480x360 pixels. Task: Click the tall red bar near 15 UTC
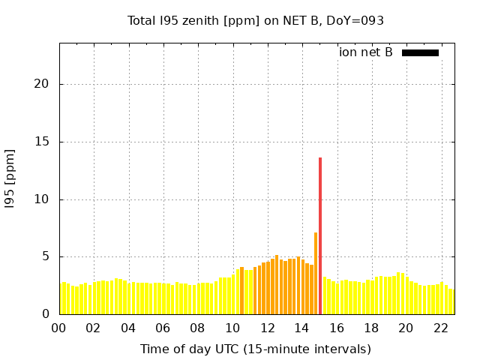[x=320, y=235]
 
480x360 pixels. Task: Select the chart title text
[x=256, y=21]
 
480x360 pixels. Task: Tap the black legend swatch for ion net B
[x=420, y=52]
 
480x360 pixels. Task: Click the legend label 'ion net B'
[x=365, y=52]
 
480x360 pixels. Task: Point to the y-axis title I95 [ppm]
[x=10, y=178]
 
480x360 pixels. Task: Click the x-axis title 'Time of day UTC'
[x=255, y=349]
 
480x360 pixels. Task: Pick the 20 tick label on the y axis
[x=42, y=84]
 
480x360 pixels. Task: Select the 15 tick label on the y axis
[x=42, y=142]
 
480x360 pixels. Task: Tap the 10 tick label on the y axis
[x=42, y=199]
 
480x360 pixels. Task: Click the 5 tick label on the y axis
[x=46, y=256]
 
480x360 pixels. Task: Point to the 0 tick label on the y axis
[x=46, y=314]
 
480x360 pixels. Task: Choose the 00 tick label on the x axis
[x=59, y=328]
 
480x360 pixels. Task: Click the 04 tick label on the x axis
[x=128, y=328]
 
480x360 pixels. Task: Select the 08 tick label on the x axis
[x=198, y=328]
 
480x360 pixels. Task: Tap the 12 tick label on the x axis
[x=267, y=328]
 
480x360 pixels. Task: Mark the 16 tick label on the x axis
[x=337, y=328]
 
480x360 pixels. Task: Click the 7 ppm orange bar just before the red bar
[x=316, y=274]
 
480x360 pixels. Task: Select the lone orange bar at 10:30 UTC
[x=241, y=291]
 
